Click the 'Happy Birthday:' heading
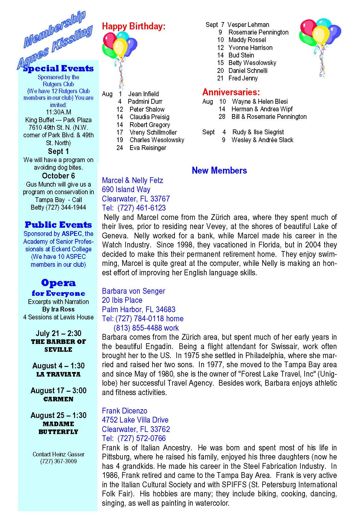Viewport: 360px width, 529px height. (134, 26)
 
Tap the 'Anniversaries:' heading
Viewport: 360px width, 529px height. (231, 92)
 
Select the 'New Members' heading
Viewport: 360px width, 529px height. (219, 171)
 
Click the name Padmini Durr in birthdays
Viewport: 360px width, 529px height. (145, 102)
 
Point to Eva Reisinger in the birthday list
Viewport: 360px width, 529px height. (148, 148)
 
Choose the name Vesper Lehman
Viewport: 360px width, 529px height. (248, 25)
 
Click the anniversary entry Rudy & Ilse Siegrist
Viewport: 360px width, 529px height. (258, 132)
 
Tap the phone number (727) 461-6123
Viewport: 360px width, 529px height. (141, 208)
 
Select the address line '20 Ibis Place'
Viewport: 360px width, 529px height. (122, 300)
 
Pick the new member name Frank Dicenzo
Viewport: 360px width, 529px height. (124, 411)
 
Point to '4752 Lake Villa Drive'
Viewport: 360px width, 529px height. (135, 420)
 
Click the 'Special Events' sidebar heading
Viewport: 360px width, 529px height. (59, 69)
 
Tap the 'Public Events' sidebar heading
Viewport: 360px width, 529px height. (58, 225)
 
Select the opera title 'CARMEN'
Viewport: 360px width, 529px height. (58, 399)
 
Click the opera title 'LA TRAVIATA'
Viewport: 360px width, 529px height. (58, 374)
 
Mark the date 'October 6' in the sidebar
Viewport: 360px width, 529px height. (58, 176)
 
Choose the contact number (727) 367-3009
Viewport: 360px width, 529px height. (58, 462)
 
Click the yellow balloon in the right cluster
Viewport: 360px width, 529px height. (321, 34)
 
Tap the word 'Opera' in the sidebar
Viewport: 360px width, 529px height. (58, 283)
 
